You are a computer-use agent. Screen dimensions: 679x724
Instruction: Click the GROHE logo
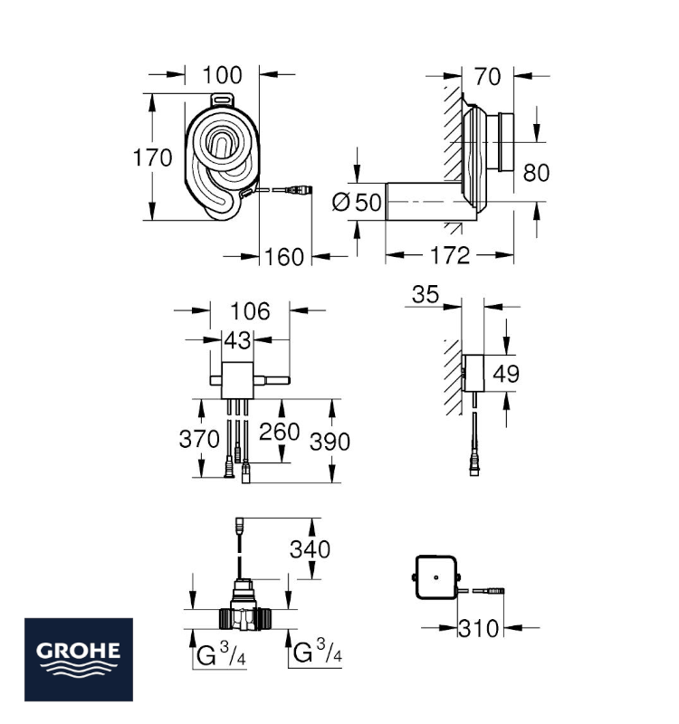tap(79, 660)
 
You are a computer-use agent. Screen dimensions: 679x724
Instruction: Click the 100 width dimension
tap(222, 75)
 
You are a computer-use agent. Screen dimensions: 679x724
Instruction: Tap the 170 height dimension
tap(152, 157)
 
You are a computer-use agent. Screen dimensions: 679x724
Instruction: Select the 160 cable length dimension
tap(284, 257)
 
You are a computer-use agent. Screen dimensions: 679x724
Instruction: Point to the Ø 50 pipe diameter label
tap(357, 202)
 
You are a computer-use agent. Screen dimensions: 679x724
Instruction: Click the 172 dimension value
tap(450, 255)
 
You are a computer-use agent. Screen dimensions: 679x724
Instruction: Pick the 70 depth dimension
tap(487, 77)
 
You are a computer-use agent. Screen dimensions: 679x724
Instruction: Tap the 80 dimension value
tap(536, 173)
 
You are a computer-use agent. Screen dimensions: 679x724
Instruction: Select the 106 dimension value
tap(250, 311)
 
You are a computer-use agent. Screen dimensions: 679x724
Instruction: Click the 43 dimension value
tap(237, 341)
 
